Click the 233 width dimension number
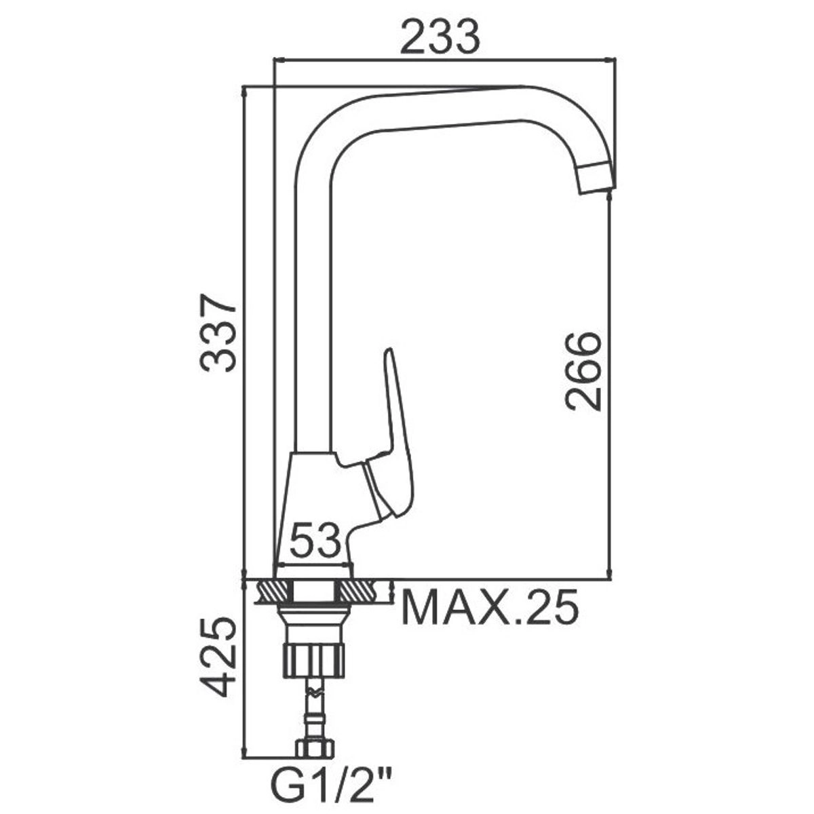click(440, 37)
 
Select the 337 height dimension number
click(218, 332)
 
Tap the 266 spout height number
click(583, 371)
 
